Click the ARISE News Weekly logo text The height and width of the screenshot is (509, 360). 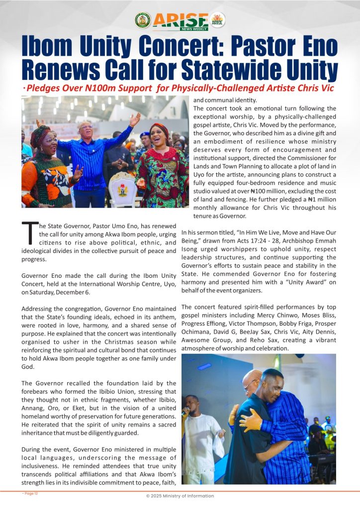pyautogui.click(x=180, y=20)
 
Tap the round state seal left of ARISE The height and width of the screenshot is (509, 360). pyautogui.click(x=143, y=20)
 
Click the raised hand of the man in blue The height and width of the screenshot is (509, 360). pyautogui.click(x=135, y=119)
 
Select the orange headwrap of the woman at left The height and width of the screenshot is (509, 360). pyautogui.click(x=40, y=135)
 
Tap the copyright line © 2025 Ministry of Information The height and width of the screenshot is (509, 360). pyautogui.click(x=180, y=496)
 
